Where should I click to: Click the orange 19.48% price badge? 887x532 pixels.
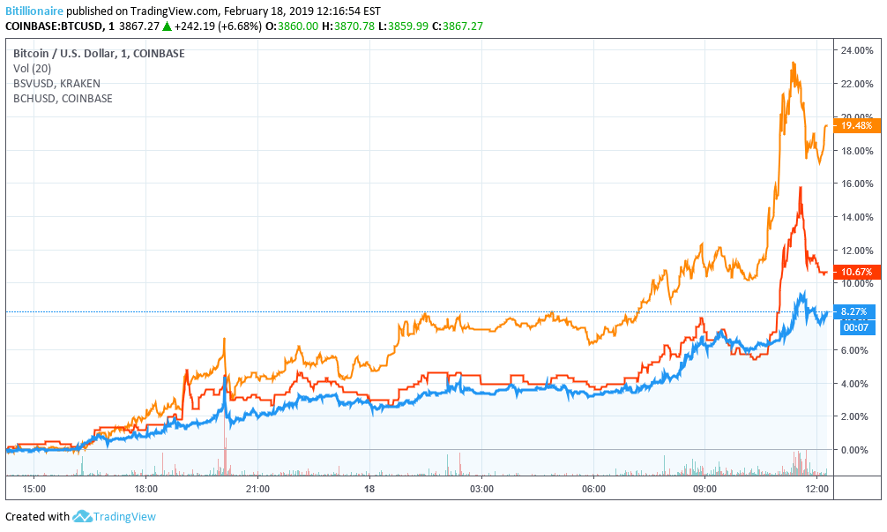(856, 125)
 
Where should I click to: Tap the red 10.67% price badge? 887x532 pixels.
(856, 272)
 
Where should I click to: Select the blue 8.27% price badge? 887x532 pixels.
(856, 311)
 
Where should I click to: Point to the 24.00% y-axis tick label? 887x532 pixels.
(857, 50)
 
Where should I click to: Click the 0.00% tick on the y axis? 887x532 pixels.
(854, 450)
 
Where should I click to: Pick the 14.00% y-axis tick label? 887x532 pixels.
(857, 217)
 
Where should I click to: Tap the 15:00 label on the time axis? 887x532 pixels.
(34, 488)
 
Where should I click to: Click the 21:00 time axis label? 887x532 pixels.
(257, 488)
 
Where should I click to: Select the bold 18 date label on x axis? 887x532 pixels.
(369, 488)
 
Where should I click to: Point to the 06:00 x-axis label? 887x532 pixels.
(593, 488)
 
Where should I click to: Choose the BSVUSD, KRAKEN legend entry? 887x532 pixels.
(57, 84)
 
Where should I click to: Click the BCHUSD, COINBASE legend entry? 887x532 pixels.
(63, 99)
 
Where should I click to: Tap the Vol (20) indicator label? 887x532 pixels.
(33, 69)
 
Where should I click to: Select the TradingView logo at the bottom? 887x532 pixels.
(115, 517)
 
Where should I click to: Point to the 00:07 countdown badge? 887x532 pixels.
(855, 327)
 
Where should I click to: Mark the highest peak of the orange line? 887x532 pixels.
(794, 63)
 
